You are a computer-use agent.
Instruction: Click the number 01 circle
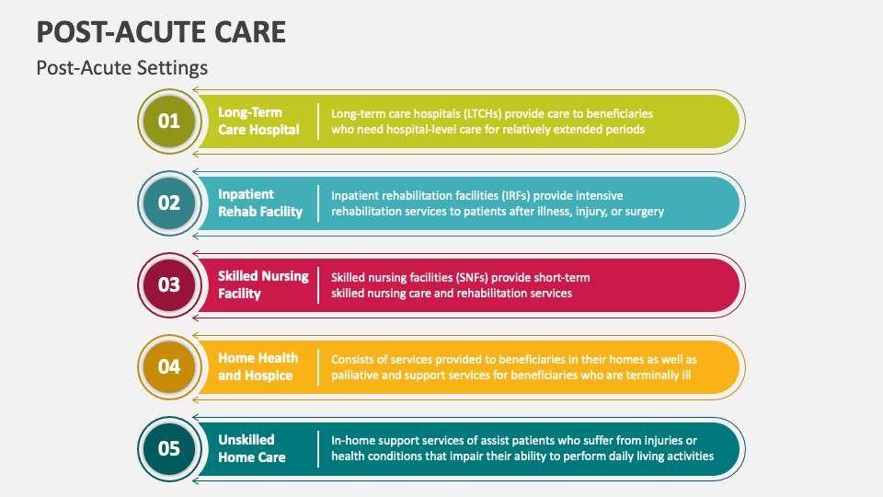(x=169, y=121)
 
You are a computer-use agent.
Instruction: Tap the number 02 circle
(x=169, y=202)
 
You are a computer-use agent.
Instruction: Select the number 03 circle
(x=169, y=284)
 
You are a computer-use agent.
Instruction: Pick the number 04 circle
(x=169, y=366)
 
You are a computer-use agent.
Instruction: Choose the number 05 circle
(x=169, y=448)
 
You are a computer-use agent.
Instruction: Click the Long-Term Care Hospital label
(x=258, y=121)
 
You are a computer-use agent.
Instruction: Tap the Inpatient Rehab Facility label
(x=259, y=202)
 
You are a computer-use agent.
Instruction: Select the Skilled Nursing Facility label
(x=263, y=284)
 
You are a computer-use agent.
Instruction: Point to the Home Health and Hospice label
(x=258, y=366)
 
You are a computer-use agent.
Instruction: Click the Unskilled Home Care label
(x=251, y=448)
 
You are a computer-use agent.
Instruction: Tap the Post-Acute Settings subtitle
(x=121, y=68)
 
